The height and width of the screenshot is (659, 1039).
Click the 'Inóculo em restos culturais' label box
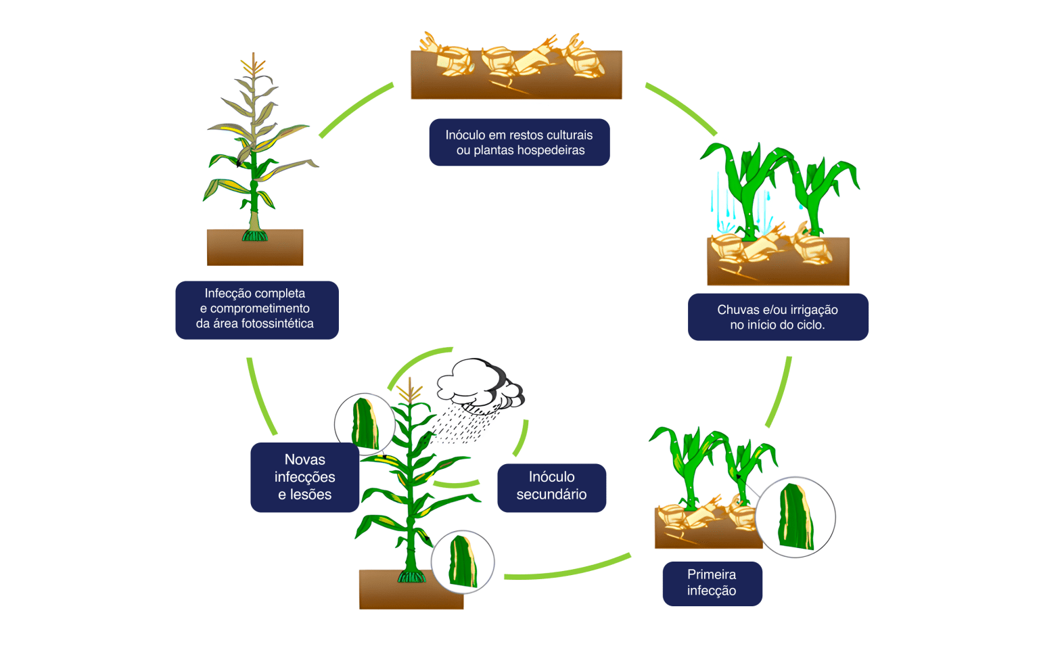click(x=519, y=142)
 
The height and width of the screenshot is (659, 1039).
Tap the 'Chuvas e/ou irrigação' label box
click(x=778, y=317)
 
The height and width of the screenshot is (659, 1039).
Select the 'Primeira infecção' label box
click(x=712, y=583)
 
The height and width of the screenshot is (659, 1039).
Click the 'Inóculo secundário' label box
click(x=551, y=487)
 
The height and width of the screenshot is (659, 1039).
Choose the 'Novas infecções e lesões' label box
click(x=304, y=477)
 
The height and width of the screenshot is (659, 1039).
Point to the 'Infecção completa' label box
click(x=256, y=309)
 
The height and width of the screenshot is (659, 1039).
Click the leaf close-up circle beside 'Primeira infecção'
click(x=795, y=517)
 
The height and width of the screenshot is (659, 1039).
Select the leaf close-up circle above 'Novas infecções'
click(x=365, y=424)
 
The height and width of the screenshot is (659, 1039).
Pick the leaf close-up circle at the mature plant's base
click(x=463, y=562)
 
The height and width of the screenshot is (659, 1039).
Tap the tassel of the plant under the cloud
click(x=409, y=391)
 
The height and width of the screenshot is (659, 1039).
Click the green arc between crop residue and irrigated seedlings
click(x=682, y=108)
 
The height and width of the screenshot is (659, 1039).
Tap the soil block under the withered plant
click(x=255, y=248)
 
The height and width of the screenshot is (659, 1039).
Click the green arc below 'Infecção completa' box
click(x=261, y=396)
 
